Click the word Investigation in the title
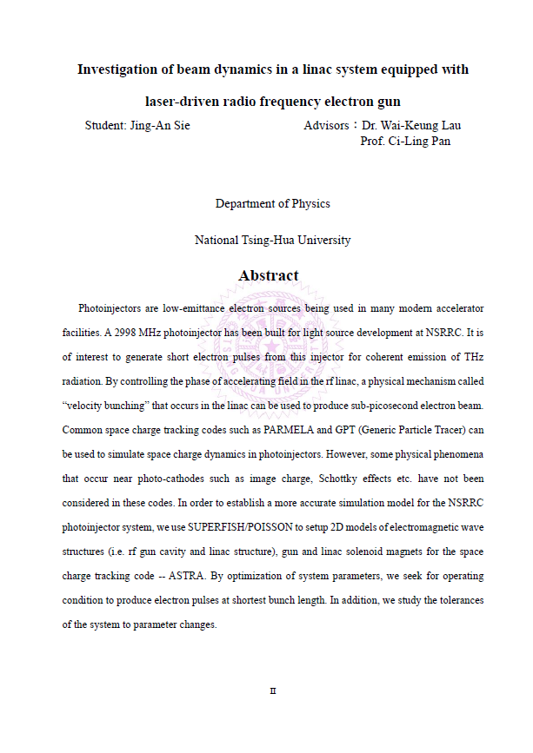click(x=118, y=69)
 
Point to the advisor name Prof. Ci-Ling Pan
click(x=405, y=141)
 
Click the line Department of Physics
click(x=272, y=203)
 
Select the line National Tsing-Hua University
click(x=272, y=240)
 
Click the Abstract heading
click(x=269, y=275)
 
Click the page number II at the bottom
click(x=272, y=690)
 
